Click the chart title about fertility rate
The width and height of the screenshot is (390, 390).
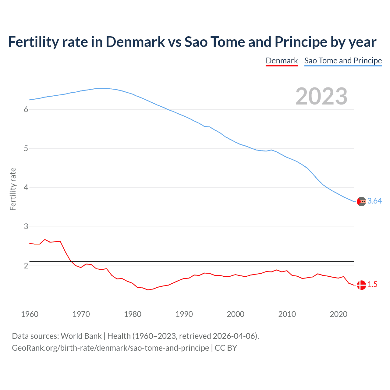tap(192, 42)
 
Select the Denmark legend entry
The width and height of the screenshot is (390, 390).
tap(282, 61)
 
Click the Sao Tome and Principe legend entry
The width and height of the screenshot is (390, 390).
tap(343, 61)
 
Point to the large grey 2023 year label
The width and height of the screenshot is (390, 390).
tap(321, 96)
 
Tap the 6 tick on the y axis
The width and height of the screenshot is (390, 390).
tap(26, 110)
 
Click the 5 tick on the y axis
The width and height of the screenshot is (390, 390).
tap(26, 149)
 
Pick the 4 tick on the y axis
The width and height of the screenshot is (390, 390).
tap(26, 188)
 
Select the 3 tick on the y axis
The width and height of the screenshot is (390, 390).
tap(26, 227)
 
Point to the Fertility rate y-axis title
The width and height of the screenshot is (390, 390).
tap(13, 189)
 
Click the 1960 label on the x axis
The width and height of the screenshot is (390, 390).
tap(30, 314)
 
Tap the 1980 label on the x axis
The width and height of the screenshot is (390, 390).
tap(133, 314)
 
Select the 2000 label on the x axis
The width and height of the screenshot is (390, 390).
tap(236, 314)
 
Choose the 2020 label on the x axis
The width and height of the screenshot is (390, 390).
tap(339, 314)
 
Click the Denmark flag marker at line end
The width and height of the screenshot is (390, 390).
tap(361, 285)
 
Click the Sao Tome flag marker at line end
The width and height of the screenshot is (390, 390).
tap(361, 201)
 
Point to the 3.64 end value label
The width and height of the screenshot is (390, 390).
tap(374, 201)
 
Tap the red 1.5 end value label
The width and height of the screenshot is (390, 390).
tap(372, 285)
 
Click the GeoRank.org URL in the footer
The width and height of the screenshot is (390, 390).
tap(110, 348)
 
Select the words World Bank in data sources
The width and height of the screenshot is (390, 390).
tap(81, 336)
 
